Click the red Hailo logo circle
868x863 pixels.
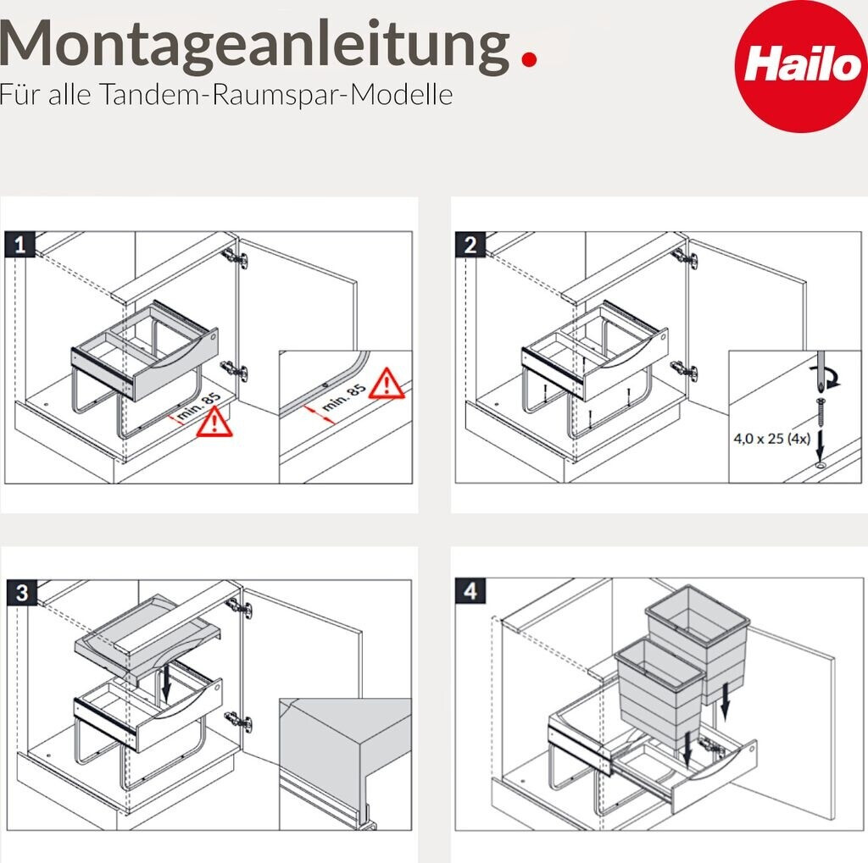coord(800,66)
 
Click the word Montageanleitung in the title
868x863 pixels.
coord(254,47)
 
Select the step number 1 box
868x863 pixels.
coord(20,245)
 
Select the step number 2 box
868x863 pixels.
coord(470,245)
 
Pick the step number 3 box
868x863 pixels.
coord(21,593)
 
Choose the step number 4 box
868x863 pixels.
coord(470,591)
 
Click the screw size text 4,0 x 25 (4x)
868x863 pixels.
coord(771,439)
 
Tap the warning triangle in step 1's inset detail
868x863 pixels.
coord(387,384)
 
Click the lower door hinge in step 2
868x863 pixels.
coord(685,370)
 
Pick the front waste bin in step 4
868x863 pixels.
coord(659,692)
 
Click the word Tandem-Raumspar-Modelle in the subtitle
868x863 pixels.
coord(277,95)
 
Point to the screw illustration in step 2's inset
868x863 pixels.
coord(821,411)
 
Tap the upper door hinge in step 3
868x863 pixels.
coord(240,608)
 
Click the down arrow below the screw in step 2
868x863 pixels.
coord(821,445)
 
